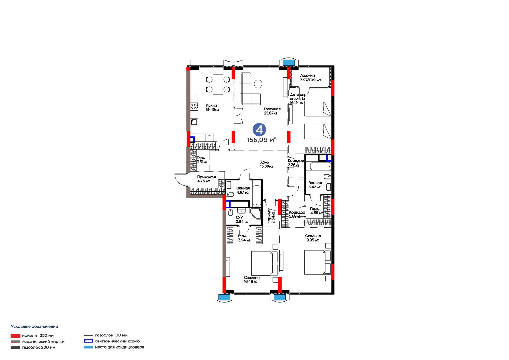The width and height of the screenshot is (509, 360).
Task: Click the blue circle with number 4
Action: [x=259, y=130]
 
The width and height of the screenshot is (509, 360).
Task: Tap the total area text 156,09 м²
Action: [x=261, y=140]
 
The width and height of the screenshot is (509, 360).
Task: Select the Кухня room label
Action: [x=211, y=106]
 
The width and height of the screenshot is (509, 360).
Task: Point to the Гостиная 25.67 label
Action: [x=272, y=111]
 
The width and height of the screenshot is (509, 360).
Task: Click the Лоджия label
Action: [x=307, y=75]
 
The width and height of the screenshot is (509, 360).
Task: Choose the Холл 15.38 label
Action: [x=266, y=164]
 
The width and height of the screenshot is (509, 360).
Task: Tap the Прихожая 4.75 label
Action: [x=206, y=179]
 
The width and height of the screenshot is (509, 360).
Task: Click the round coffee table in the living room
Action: [x=258, y=84]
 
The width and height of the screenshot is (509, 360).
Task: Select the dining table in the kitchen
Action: [x=218, y=84]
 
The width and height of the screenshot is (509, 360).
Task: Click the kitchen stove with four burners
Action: [x=194, y=107]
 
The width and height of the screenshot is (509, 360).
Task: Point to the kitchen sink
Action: [x=194, y=122]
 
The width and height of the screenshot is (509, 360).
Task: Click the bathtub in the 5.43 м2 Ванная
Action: [x=320, y=166]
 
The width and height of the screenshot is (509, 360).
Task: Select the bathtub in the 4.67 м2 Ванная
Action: [x=257, y=196]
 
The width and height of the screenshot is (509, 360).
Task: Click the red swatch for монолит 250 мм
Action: [x=16, y=336]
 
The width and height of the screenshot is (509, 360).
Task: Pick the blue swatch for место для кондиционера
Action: [x=88, y=347]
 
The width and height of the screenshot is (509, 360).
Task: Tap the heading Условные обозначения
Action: [x=35, y=326]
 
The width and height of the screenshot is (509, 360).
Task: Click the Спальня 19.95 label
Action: [x=313, y=238]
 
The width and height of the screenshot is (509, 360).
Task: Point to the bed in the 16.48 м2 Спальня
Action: [x=265, y=263]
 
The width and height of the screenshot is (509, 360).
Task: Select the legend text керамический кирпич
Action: [x=44, y=342]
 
